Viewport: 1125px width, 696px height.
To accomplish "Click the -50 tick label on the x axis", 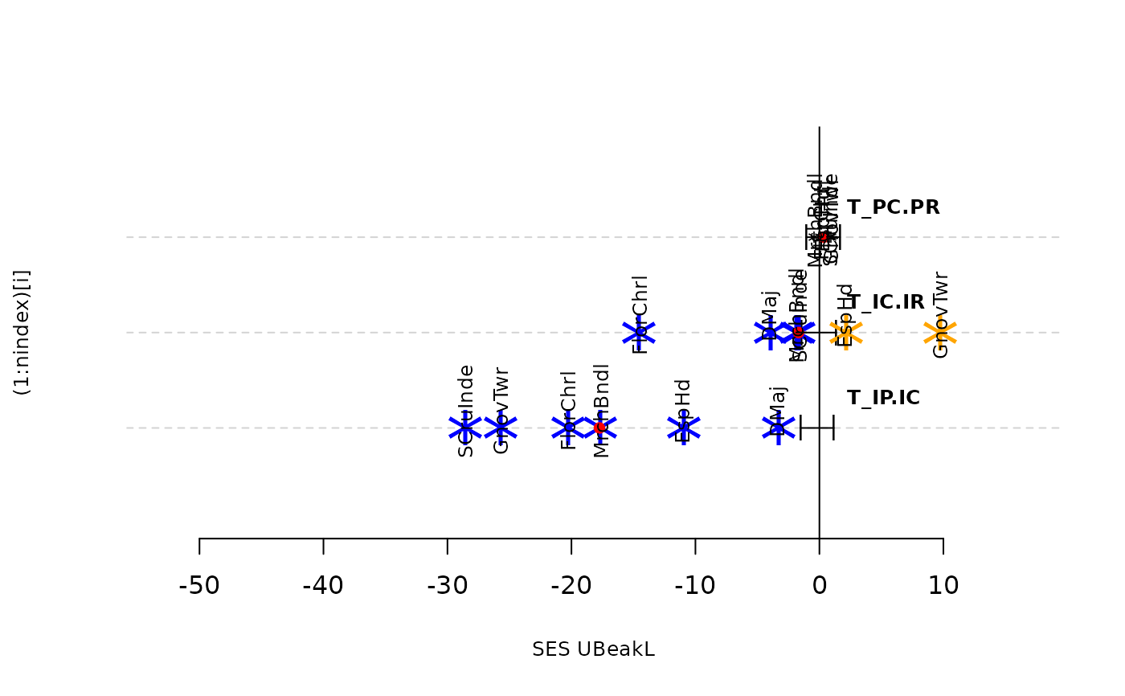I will point(199,586).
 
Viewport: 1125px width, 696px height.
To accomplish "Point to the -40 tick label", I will point(323,586).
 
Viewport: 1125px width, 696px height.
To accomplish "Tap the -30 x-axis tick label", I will point(447,586).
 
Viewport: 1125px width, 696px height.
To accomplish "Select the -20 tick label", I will point(571,586).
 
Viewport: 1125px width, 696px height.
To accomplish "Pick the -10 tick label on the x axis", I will point(695,586).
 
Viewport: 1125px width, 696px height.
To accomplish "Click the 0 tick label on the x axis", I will point(819,586).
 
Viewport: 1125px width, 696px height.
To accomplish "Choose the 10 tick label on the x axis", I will point(943,586).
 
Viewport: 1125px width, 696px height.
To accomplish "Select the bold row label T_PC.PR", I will point(893,207).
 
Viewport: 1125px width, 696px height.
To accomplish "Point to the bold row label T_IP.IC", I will point(883,398).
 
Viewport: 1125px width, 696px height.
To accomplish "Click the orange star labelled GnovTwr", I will point(939,332).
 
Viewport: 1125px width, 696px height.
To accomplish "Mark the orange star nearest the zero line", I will point(845,332).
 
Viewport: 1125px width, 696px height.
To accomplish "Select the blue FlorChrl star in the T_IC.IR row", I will point(639,332).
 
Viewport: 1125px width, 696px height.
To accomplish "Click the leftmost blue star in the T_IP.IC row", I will point(465,428).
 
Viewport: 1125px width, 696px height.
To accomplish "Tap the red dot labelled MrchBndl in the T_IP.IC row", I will point(599,428).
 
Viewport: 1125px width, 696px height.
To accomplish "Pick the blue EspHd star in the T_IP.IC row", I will point(684,428).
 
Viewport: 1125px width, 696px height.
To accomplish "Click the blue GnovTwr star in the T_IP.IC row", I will point(501,428).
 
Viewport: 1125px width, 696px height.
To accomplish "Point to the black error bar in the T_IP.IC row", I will point(816,428).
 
